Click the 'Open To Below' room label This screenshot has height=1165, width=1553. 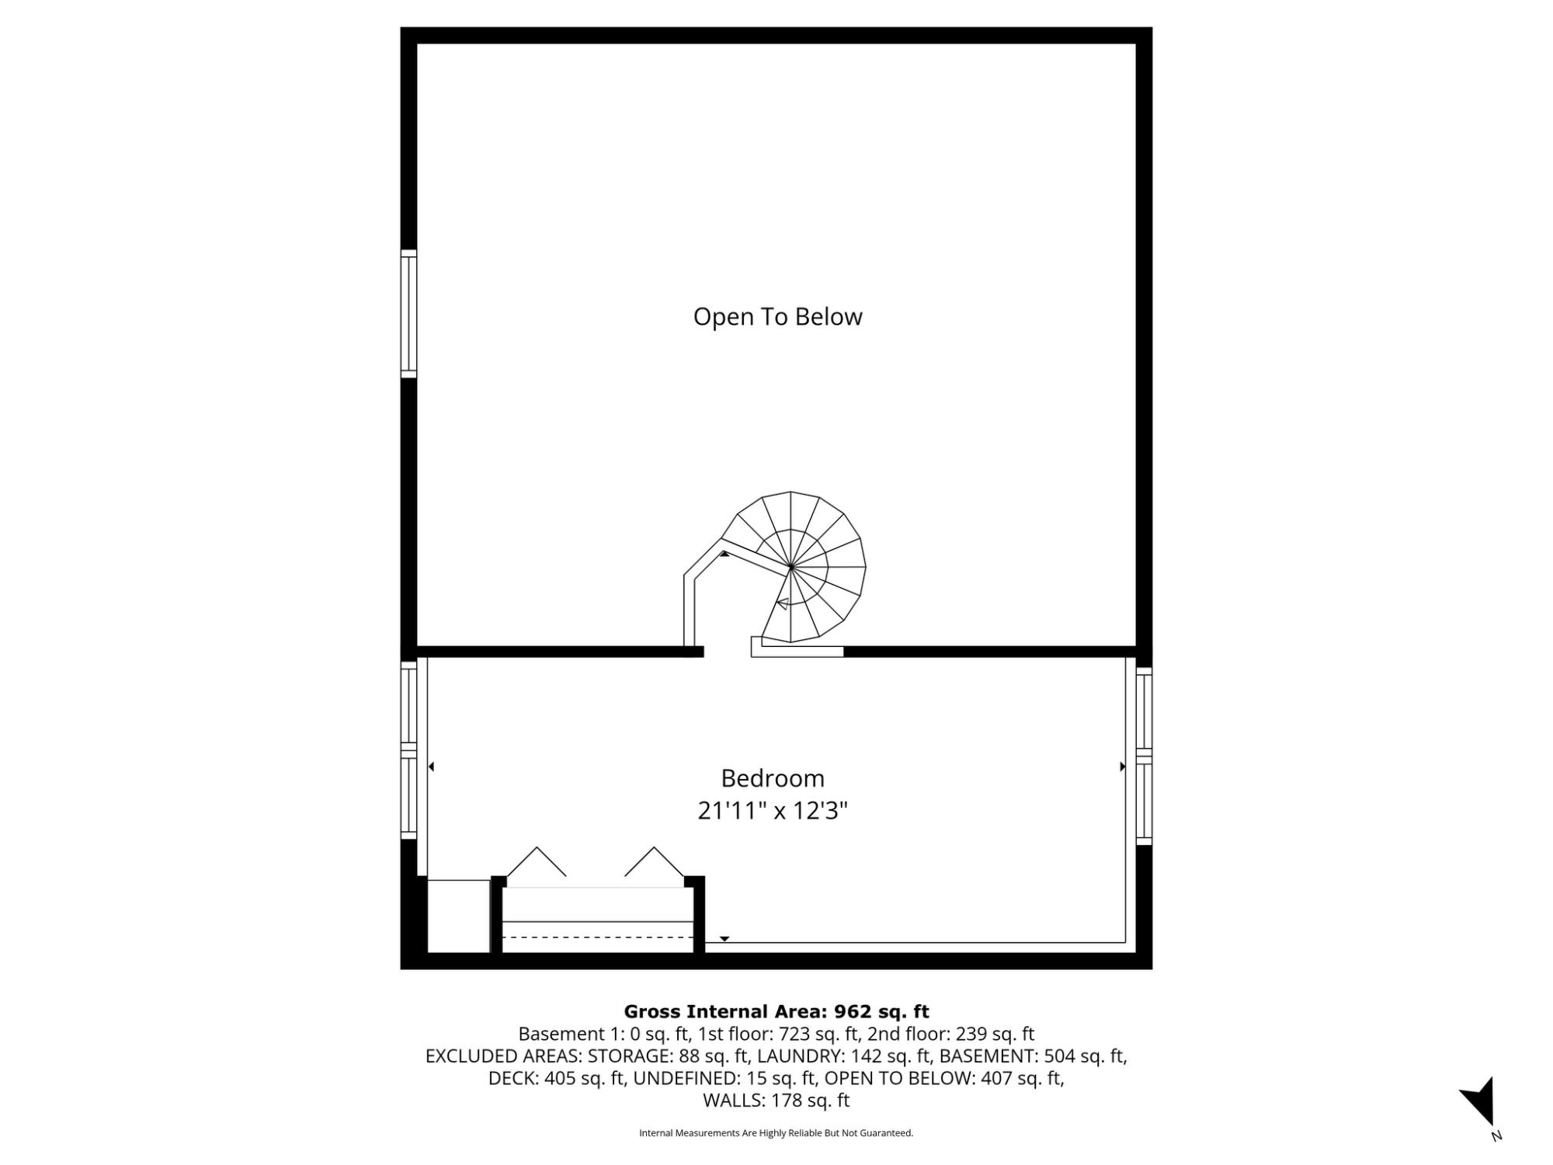777,317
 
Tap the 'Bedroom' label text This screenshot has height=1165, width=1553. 773,778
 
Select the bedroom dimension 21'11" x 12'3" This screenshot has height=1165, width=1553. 773,811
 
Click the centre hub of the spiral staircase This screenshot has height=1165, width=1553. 790,568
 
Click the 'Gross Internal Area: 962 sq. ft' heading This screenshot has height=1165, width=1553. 776,1011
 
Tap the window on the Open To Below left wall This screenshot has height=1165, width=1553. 408,314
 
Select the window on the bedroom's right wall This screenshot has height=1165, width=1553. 1144,756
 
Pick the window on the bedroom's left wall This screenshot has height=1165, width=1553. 408,749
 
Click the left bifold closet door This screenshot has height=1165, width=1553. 537,861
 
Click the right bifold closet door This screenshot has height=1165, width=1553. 655,861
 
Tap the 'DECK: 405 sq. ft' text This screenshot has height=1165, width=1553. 557,1078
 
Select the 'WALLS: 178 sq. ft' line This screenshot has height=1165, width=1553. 776,1100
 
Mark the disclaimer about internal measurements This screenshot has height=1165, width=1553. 776,1133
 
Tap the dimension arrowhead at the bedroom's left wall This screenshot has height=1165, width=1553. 431,767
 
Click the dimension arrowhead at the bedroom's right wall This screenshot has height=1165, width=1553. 1123,767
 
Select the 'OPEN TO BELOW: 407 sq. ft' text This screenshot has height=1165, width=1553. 944,1078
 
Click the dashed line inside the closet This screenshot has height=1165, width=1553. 598,937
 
